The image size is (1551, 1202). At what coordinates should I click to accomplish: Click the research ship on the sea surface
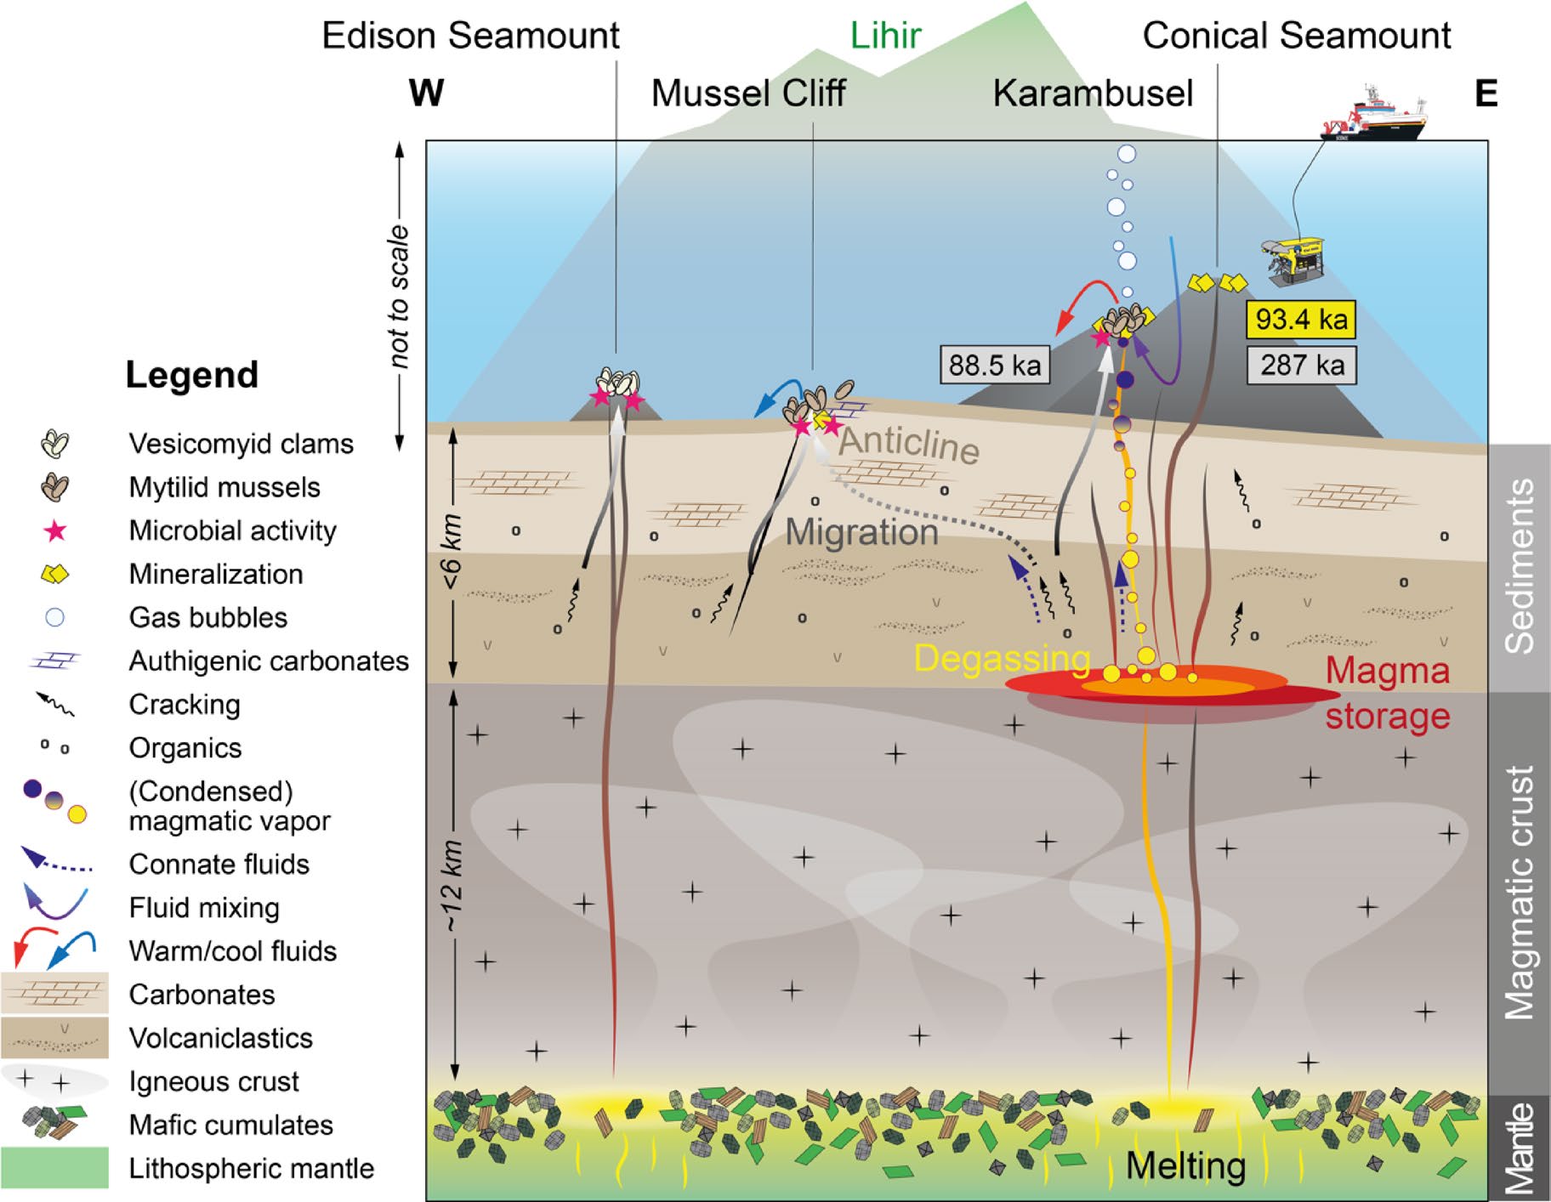pyautogui.click(x=1372, y=117)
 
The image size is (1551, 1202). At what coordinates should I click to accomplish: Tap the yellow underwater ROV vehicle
pyautogui.click(x=1293, y=259)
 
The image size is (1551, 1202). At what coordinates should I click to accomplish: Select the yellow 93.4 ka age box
pyautogui.click(x=1301, y=320)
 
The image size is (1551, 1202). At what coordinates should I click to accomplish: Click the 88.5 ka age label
pyautogui.click(x=994, y=366)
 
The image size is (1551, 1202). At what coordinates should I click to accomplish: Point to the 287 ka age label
pyautogui.click(x=1302, y=366)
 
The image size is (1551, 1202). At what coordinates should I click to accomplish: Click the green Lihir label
pyautogui.click(x=885, y=36)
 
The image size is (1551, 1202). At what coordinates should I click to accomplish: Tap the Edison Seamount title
pyautogui.click(x=470, y=36)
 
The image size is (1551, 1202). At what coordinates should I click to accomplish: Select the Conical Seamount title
pyautogui.click(x=1296, y=36)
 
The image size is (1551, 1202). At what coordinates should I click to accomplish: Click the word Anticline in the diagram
pyautogui.click(x=908, y=444)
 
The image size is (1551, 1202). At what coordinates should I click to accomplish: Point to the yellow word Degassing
pyautogui.click(x=1002, y=659)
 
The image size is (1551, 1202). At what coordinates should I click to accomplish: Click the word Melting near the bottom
pyautogui.click(x=1185, y=1165)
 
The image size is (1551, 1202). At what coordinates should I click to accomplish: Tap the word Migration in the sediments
pyautogui.click(x=861, y=533)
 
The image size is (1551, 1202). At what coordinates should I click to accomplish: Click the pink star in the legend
pyautogui.click(x=55, y=531)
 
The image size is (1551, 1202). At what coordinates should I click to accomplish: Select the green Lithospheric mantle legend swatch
pyautogui.click(x=55, y=1167)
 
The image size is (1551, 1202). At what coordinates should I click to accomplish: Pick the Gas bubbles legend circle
pyautogui.click(x=55, y=618)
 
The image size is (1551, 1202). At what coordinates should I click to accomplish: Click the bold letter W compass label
pyautogui.click(x=426, y=93)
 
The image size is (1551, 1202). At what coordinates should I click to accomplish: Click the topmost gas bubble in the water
pyautogui.click(x=1127, y=154)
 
